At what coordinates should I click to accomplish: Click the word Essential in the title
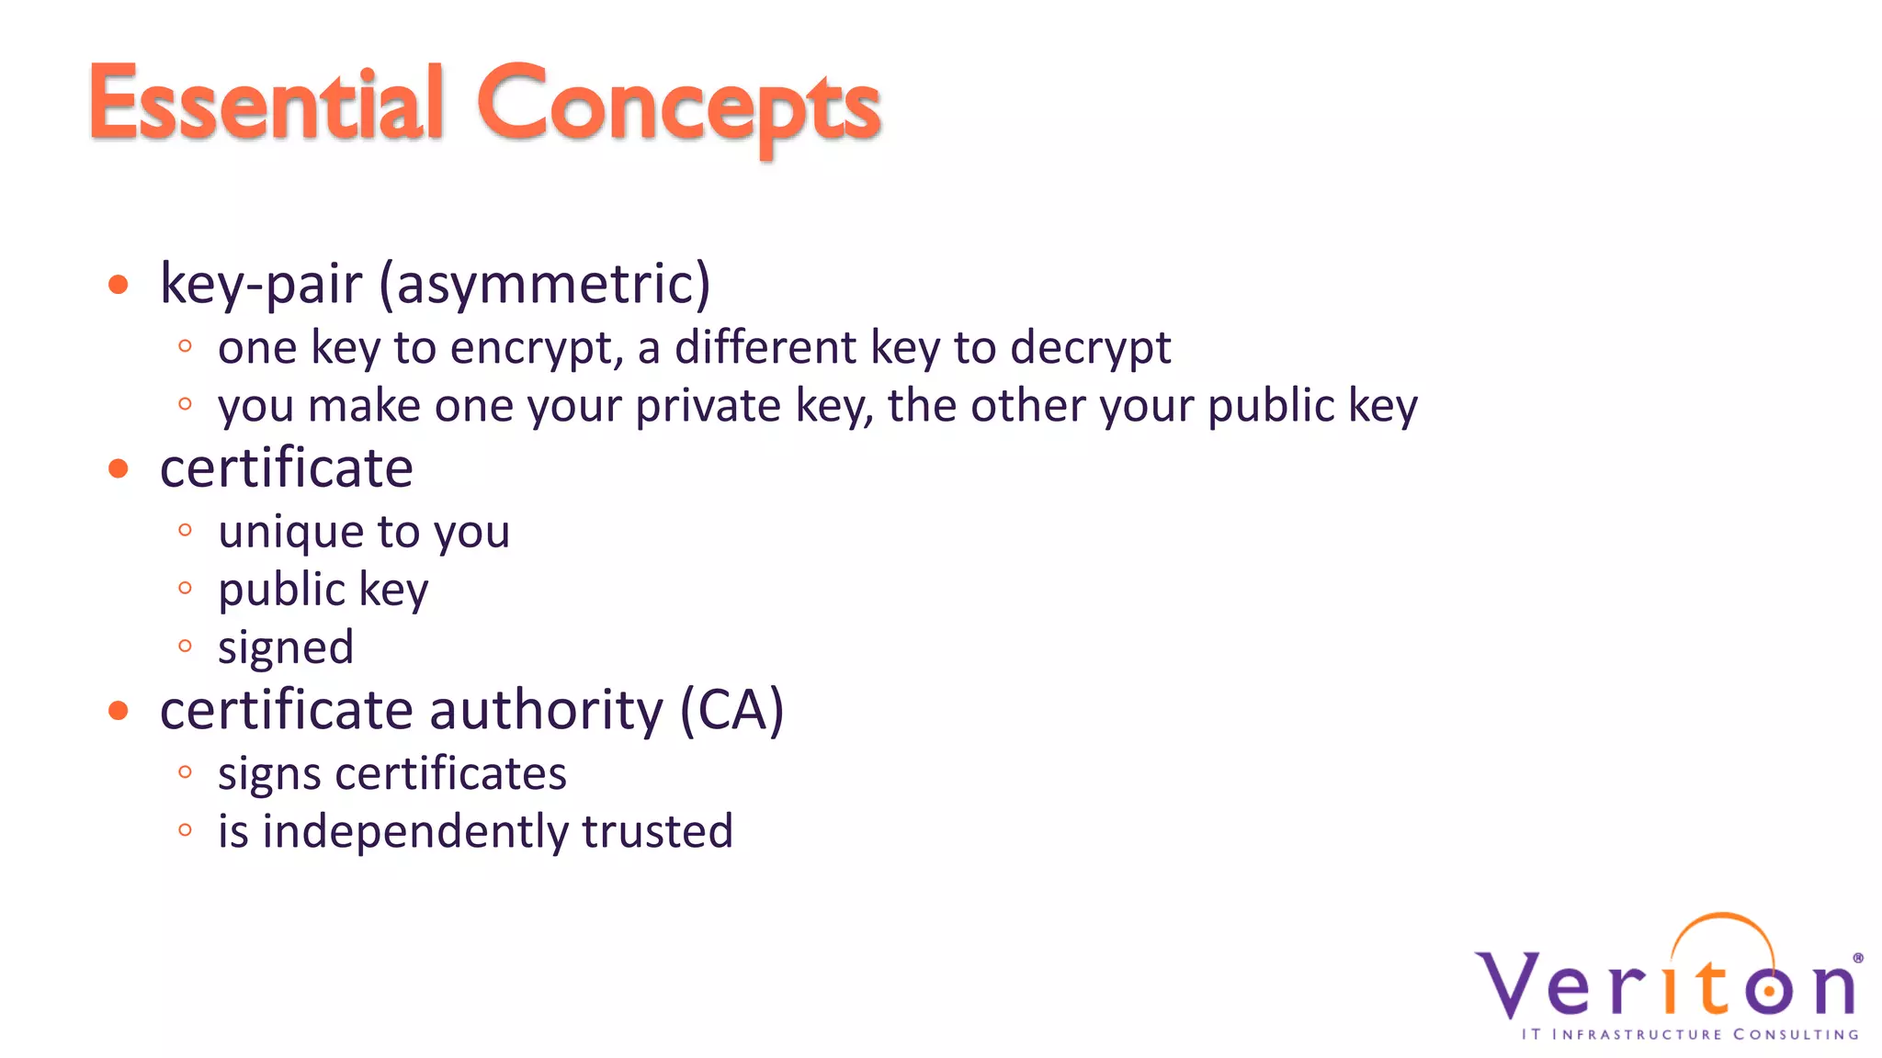point(266,103)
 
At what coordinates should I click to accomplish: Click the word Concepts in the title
point(678,107)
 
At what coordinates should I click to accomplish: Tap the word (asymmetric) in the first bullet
point(544,284)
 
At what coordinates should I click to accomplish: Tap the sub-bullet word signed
point(286,648)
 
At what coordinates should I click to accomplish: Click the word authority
point(546,712)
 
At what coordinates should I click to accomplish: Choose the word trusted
point(657,831)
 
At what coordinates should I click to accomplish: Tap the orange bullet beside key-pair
point(118,284)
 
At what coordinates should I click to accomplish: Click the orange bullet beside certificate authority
point(118,710)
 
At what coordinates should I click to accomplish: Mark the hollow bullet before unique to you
point(185,530)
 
